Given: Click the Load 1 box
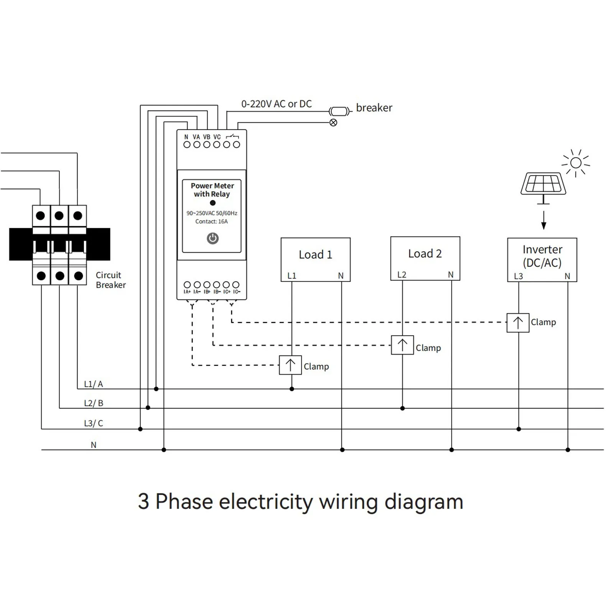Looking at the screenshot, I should coord(315,259).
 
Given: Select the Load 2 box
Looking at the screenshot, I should coord(425,258).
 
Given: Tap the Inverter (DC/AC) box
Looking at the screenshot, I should coord(542,260).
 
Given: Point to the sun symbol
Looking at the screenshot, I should coord(576,163).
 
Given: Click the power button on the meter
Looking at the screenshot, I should coord(212,238).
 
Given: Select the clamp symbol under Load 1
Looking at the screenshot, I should coord(290,365).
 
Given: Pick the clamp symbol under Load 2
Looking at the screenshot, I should coord(402,345).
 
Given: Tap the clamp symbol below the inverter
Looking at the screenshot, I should coord(518,323).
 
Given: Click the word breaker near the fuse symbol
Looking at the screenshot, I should coord(374,108).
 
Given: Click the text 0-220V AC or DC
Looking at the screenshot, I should coord(276,104).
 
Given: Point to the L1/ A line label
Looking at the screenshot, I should coord(93,384).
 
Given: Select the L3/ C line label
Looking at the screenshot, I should coord(93,423).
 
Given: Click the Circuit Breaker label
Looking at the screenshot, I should coord(110,280).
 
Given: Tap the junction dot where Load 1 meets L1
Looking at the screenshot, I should coord(292,389).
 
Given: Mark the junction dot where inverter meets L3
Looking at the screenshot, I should coord(519,429).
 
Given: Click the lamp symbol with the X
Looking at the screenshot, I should coord(333,123).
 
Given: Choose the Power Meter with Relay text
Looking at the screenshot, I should coord(212,190).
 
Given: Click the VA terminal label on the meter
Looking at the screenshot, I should coord(196,137).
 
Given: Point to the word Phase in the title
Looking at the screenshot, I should coord(184,502).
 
